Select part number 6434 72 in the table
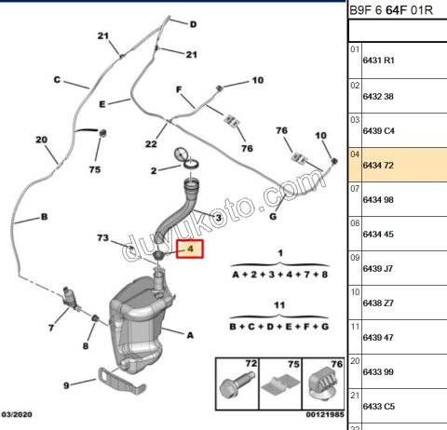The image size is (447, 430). tap(376, 165)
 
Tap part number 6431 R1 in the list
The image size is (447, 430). tap(377, 60)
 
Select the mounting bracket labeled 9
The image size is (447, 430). tap(111, 380)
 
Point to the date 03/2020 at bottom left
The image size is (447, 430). tap(19, 415)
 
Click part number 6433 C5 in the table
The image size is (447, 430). tap(377, 406)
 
